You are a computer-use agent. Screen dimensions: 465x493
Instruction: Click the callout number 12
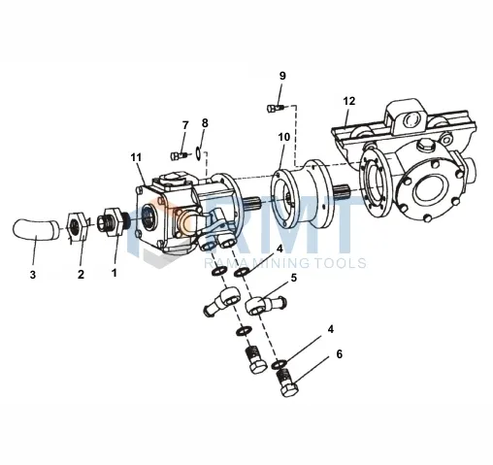coord(349,101)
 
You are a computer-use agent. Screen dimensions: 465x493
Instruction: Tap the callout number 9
coord(282,76)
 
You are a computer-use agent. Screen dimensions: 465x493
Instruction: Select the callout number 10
coord(283,138)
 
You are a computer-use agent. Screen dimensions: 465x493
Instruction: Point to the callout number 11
coord(135,157)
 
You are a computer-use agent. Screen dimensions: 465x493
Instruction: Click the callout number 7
coord(184,125)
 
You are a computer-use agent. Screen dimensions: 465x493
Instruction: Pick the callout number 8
coord(205,122)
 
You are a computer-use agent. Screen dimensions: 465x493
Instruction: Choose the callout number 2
coord(82,274)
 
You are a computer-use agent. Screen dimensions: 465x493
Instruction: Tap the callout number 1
coord(114,274)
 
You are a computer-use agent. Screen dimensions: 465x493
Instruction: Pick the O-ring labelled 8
coord(198,150)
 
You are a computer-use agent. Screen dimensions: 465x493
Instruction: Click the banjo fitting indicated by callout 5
coord(264,307)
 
